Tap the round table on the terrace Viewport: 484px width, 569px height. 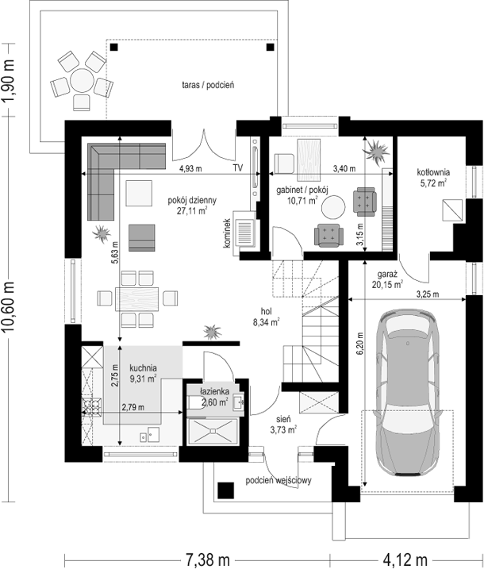point(82,81)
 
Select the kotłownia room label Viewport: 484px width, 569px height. point(433,172)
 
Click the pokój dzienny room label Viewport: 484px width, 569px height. point(192,200)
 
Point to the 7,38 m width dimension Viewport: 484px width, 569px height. point(208,560)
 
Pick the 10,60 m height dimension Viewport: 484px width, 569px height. point(9,306)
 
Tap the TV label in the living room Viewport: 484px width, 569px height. point(238,168)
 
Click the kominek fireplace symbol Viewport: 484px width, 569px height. point(245,233)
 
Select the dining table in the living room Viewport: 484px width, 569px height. point(137,298)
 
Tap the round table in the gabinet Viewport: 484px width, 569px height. point(333,207)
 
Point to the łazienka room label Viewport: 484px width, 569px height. point(214,391)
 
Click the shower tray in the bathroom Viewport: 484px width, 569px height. point(213,431)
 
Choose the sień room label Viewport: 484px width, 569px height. point(283,419)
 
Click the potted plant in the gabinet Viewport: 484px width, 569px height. point(375,150)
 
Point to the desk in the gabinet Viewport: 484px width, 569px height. point(309,160)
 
